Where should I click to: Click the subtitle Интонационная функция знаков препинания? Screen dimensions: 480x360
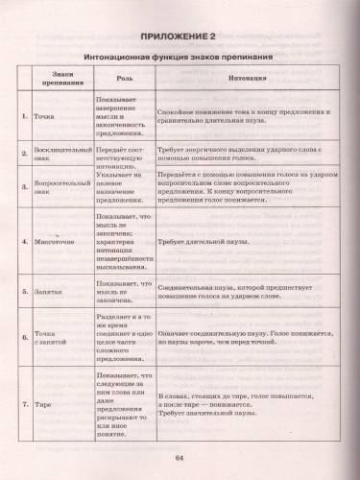point(179,59)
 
